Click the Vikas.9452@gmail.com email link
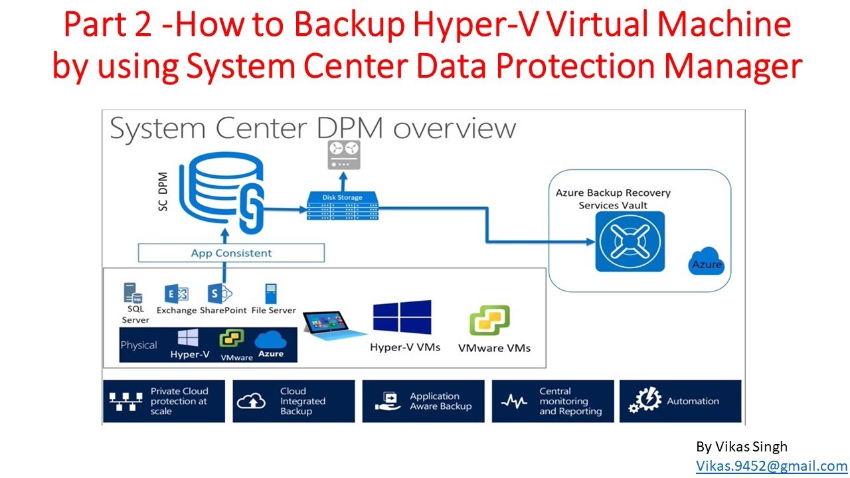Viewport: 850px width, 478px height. click(772, 465)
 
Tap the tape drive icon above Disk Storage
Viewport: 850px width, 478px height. click(344, 155)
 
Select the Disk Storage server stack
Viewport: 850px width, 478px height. click(342, 206)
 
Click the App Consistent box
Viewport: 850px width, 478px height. click(231, 253)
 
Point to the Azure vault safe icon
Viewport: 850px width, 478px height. click(630, 241)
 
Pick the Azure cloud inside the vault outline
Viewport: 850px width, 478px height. click(706, 261)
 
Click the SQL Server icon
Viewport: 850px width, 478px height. click(133, 293)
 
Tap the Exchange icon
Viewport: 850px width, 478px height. click(177, 293)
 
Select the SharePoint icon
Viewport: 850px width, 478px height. click(220, 293)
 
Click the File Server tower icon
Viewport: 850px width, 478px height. click(271, 293)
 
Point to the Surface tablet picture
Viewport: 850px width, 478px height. click(334, 325)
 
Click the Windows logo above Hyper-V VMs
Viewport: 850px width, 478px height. click(402, 317)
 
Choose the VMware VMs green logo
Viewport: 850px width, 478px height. click(489, 320)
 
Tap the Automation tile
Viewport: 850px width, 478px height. click(681, 401)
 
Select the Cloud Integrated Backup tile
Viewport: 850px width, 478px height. click(294, 401)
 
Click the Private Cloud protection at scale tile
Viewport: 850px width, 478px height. click(164, 401)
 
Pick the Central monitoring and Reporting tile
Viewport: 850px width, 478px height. click(553, 401)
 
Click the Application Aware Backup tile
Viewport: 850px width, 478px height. click(424, 401)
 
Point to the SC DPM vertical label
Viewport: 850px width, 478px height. click(163, 192)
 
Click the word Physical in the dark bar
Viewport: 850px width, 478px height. click(139, 345)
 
